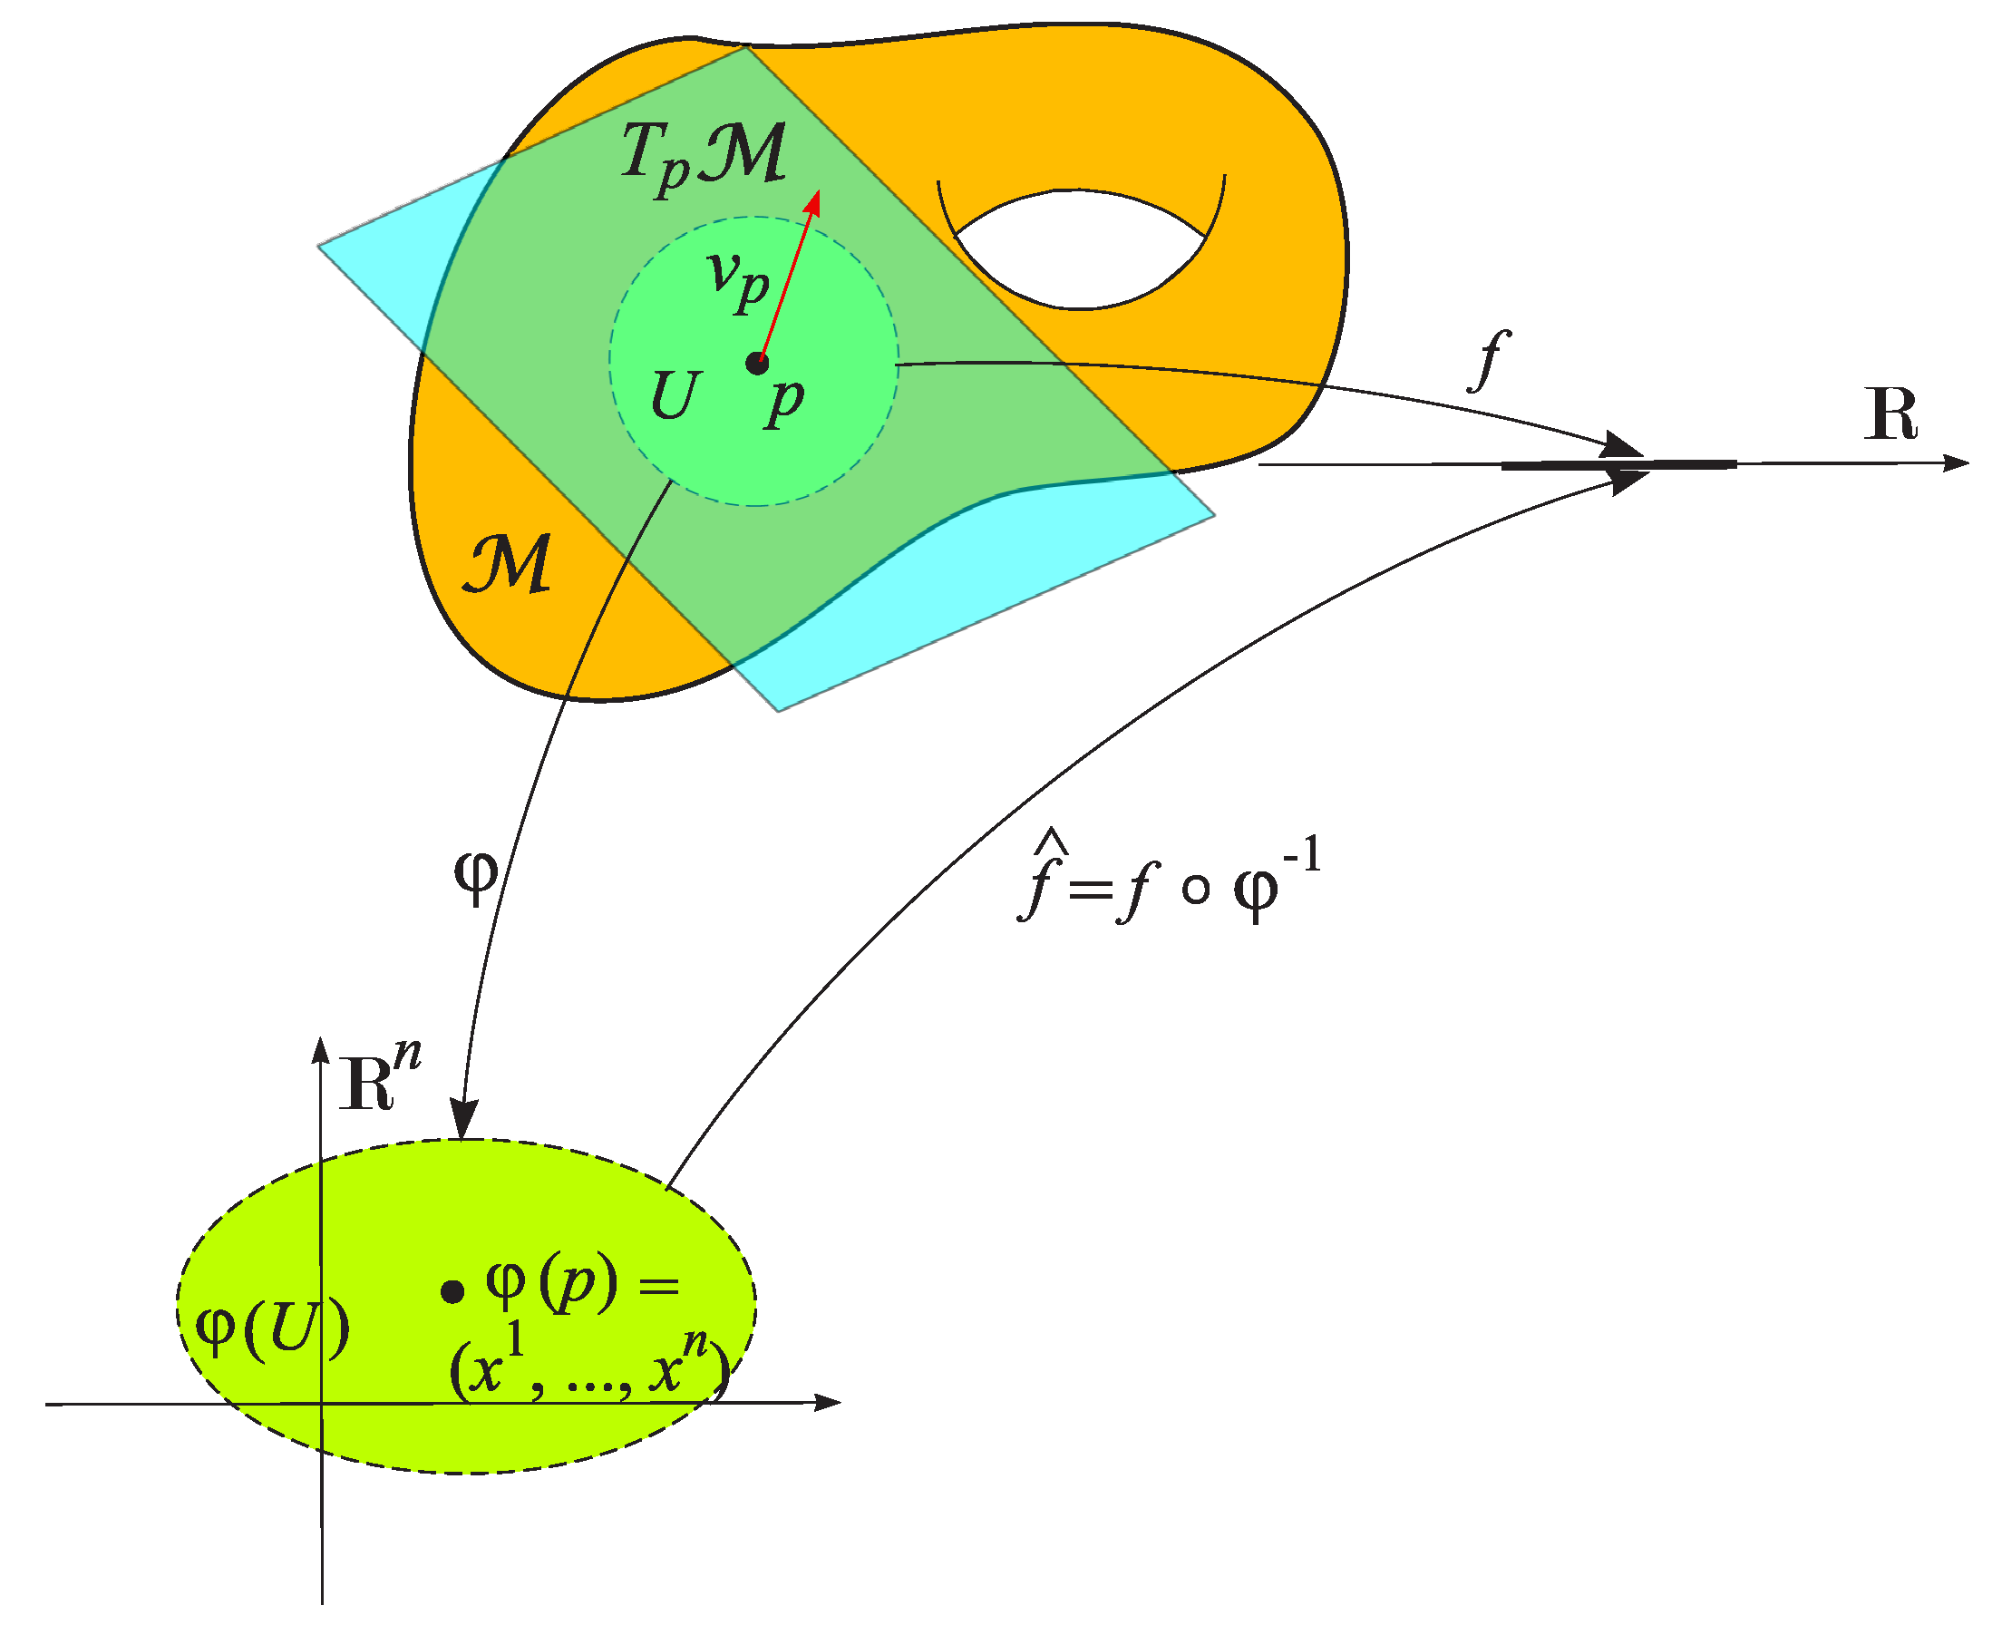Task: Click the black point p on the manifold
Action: [x=757, y=364]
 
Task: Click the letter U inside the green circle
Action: [x=675, y=396]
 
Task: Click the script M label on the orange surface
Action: [x=509, y=564]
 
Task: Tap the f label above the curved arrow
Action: [x=1489, y=360]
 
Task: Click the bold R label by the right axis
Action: [x=1890, y=414]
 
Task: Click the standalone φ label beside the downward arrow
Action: [x=475, y=875]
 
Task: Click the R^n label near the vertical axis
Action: [x=379, y=1077]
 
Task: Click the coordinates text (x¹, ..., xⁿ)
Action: [x=588, y=1369]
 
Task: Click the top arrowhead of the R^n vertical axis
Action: [x=320, y=1048]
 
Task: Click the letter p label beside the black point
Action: [x=784, y=401]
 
